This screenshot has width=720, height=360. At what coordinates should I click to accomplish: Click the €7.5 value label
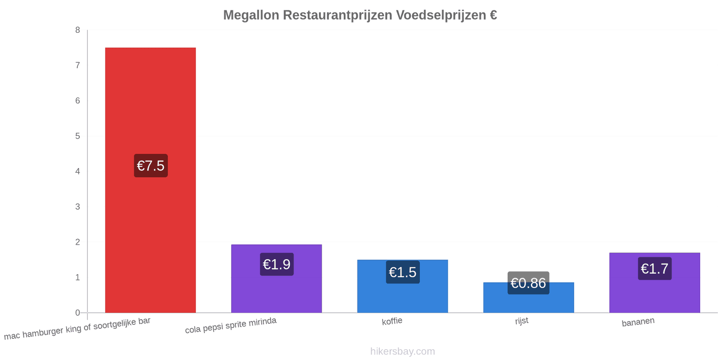[x=151, y=166]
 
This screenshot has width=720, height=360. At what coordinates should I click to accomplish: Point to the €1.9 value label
[x=277, y=264]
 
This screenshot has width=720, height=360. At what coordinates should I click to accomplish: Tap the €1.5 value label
[x=403, y=272]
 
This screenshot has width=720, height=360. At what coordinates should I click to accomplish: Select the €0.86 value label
[x=528, y=283]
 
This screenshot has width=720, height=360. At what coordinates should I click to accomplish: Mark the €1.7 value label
[x=655, y=268]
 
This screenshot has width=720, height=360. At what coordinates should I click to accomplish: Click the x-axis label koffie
[x=392, y=321]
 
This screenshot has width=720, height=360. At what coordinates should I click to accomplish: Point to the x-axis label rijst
[x=522, y=321]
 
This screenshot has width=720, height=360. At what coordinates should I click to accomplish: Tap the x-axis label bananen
[x=638, y=322]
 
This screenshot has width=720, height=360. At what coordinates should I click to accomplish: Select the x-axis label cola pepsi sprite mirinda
[x=231, y=325]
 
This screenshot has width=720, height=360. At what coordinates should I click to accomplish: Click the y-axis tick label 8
[x=77, y=30]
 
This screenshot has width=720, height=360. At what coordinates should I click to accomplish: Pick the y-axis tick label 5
[x=77, y=136]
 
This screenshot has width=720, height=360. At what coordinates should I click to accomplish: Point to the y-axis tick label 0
[x=77, y=313]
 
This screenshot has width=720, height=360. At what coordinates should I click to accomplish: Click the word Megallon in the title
[x=251, y=15]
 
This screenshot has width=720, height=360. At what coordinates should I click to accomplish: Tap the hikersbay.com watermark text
[x=402, y=351]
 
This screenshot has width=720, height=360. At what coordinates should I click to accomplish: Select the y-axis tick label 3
[x=77, y=207]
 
